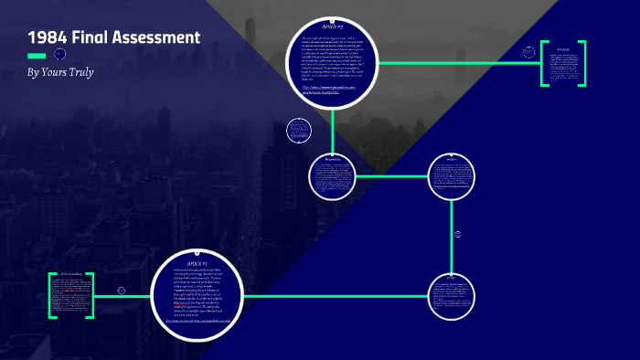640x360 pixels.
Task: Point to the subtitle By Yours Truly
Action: [x=61, y=71]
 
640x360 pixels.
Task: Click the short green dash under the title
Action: [x=37, y=55]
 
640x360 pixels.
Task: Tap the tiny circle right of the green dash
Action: [x=60, y=54]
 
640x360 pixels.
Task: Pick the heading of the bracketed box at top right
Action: [x=563, y=48]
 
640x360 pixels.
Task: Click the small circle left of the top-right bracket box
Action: [x=528, y=53]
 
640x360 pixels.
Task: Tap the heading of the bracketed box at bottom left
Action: [x=70, y=274]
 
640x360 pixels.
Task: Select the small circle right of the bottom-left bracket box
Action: [x=121, y=291]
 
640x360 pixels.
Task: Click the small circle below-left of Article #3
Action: [x=297, y=131]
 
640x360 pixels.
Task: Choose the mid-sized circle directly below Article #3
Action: [x=333, y=176]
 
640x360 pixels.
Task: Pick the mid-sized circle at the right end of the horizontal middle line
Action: [x=452, y=175]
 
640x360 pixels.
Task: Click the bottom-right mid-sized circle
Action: [x=452, y=295]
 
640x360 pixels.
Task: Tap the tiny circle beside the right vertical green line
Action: [x=458, y=235]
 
